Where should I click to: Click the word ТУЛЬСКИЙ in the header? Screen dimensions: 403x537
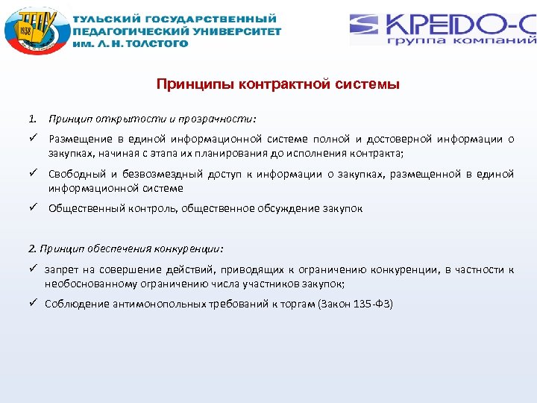coord(104,18)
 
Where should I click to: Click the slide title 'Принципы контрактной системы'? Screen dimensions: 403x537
coord(278,84)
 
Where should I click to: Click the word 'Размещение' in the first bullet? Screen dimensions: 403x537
coord(80,139)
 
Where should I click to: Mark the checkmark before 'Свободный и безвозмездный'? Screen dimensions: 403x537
coord(34,174)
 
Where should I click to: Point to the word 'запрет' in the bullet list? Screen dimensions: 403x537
coord(61,269)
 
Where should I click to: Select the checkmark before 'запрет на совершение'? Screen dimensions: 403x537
coord(34,269)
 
